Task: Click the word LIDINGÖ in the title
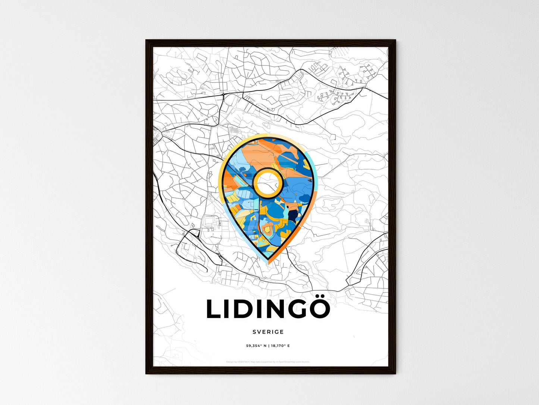[268, 309]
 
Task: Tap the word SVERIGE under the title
[268, 332]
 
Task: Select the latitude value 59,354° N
[256, 346]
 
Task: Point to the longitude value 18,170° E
[280, 346]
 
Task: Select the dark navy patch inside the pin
[293, 216]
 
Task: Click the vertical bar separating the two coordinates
[268, 346]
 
